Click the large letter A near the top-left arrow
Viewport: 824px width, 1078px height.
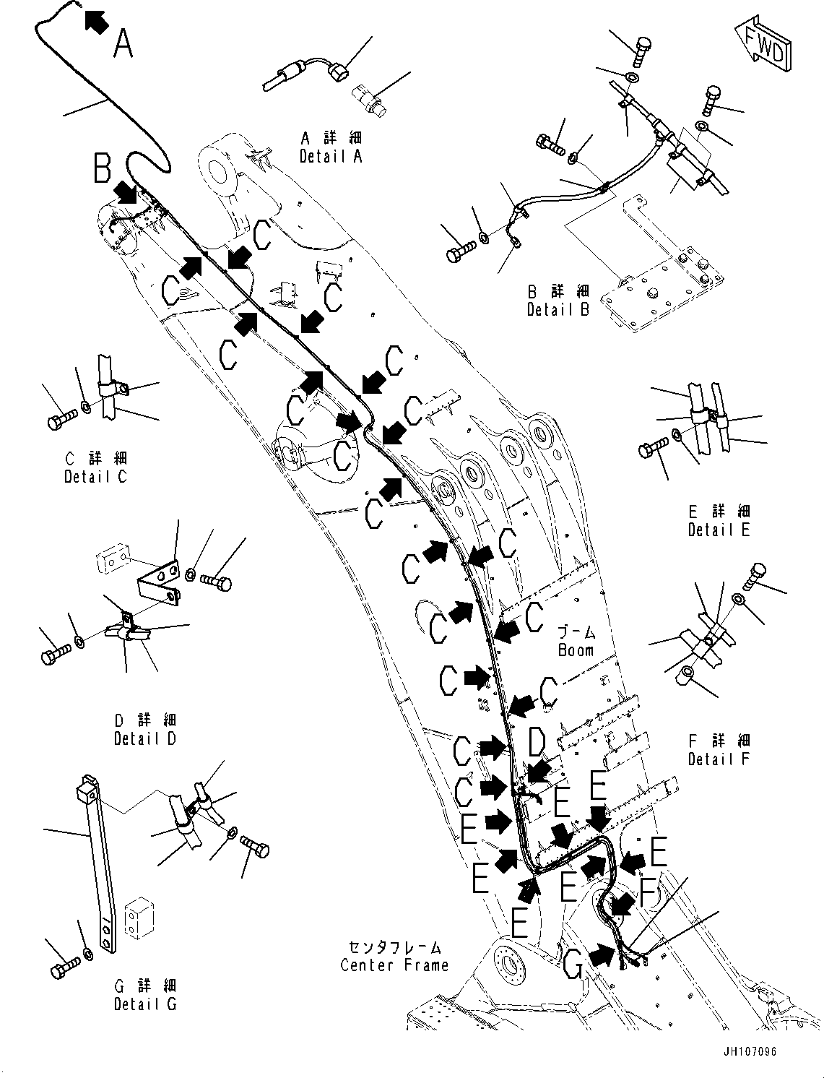(123, 43)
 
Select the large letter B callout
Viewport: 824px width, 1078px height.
(102, 168)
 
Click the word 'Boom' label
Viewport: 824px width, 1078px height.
(576, 650)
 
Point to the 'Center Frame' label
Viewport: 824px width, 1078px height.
(394, 965)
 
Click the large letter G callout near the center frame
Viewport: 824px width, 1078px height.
(573, 964)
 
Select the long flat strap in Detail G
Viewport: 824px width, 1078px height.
(95, 867)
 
